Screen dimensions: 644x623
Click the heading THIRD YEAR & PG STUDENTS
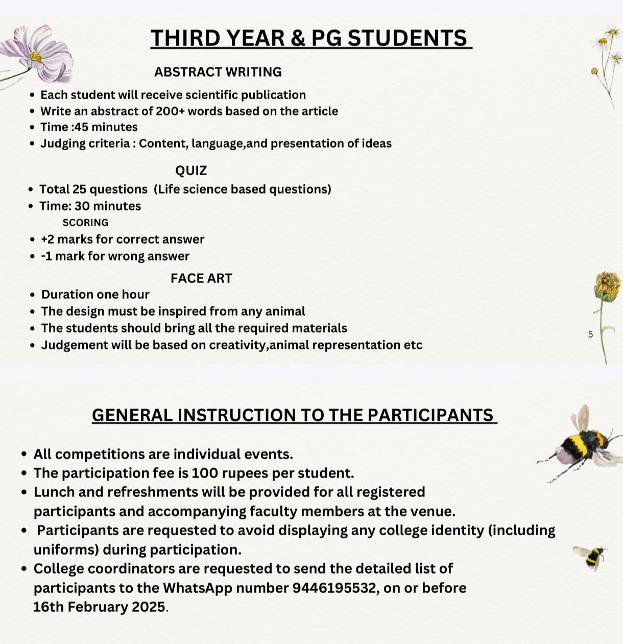[310, 38]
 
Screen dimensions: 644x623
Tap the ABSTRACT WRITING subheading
[218, 72]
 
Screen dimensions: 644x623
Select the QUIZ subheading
[191, 171]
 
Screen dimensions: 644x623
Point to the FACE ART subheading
[201, 278]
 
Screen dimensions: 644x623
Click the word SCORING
[85, 223]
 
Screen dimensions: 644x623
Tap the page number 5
[590, 335]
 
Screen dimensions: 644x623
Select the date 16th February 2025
[100, 607]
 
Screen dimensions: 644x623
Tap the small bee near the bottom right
[592, 556]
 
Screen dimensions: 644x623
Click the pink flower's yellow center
[35, 56]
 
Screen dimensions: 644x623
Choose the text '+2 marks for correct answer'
[123, 240]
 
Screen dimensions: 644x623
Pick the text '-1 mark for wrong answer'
[115, 256]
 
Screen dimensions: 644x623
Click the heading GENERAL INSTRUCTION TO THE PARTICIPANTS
[294, 415]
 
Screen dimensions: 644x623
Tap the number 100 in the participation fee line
[204, 473]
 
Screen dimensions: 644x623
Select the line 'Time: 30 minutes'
[90, 206]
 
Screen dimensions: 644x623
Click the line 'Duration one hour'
[95, 295]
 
